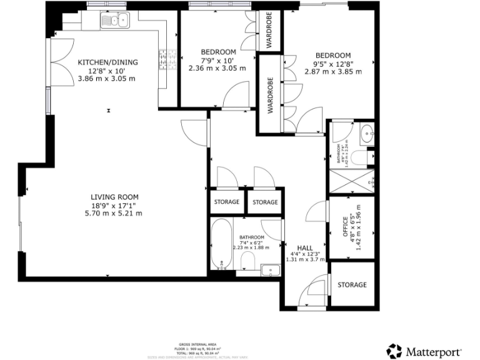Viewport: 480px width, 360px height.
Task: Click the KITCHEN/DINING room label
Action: pos(107,62)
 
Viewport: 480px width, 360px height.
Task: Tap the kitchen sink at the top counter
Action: pos(116,21)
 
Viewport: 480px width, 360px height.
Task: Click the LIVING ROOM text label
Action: pos(114,197)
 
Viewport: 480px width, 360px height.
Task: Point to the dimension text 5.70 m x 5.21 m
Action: pos(114,213)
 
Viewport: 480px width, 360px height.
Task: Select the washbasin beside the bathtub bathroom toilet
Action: pos(270,270)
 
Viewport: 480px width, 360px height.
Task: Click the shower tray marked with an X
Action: pos(352,181)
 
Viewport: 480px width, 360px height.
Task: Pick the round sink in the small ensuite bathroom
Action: pos(367,132)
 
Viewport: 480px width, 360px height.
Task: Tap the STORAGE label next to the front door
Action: pos(352,285)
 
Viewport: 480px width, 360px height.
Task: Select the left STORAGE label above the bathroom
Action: pos(227,202)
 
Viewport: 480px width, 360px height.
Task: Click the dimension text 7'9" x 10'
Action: pos(218,60)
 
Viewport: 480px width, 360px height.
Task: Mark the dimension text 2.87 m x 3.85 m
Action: pos(332,72)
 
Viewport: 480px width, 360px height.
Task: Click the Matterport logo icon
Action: pos(394,351)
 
